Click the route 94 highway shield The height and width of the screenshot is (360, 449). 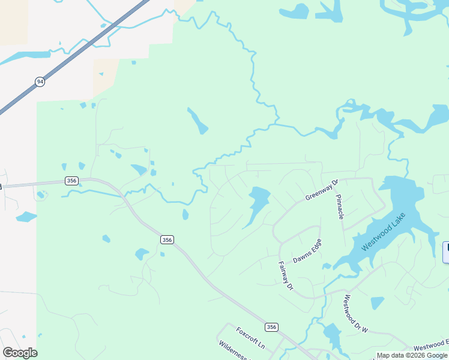[40, 82]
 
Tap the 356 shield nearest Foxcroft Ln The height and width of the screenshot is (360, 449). [272, 327]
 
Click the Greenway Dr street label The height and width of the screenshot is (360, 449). [322, 190]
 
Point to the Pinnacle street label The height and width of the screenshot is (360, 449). [339, 206]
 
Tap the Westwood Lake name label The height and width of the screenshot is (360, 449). [385, 232]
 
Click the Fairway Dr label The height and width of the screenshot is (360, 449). [286, 275]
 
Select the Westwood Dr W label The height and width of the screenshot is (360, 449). [355, 314]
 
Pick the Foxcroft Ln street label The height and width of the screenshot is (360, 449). [250, 338]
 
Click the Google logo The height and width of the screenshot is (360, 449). [20, 353]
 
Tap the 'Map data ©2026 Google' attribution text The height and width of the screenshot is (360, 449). [412, 355]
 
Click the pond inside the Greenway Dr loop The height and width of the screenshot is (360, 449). [257, 205]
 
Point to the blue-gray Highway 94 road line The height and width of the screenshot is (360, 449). [90, 43]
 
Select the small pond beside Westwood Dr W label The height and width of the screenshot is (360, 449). [377, 303]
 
